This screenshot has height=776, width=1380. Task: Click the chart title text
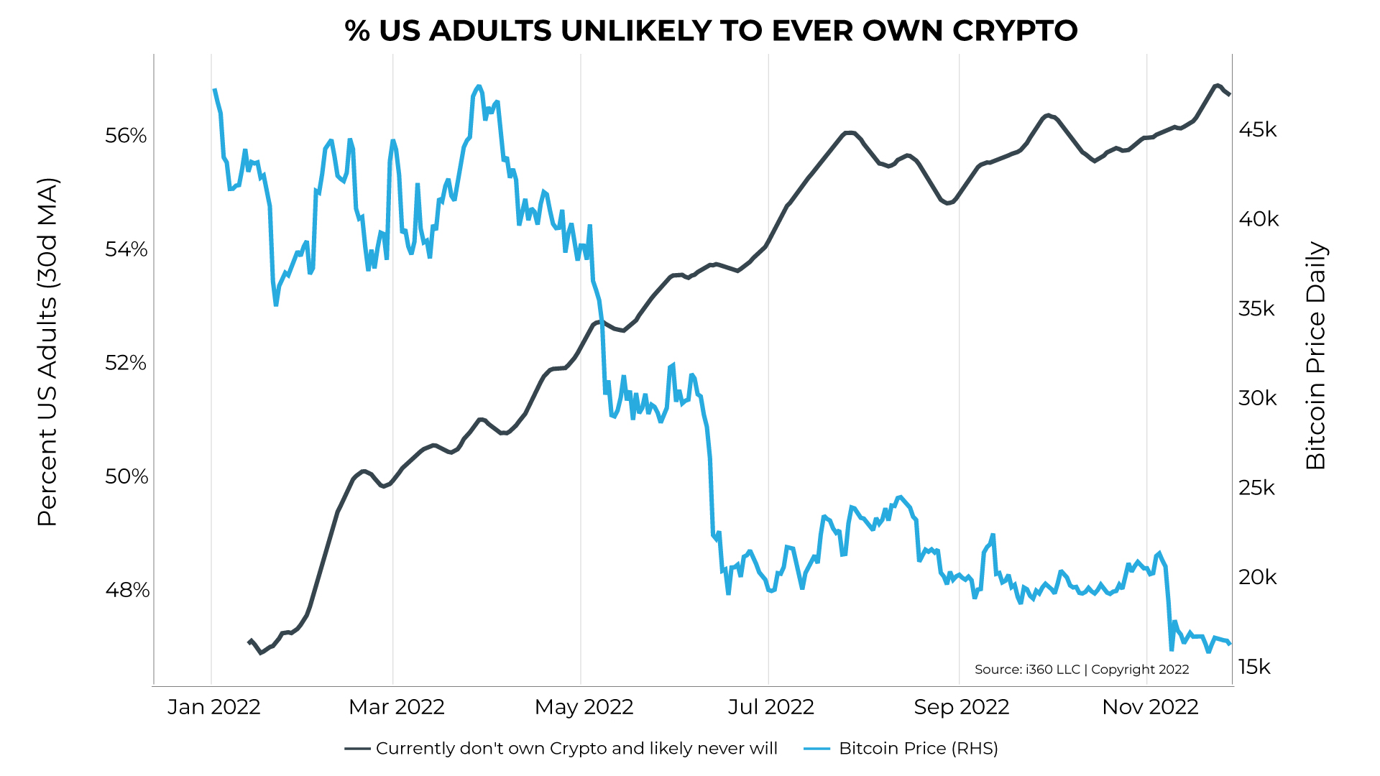(711, 31)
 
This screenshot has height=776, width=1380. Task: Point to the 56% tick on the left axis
(126, 136)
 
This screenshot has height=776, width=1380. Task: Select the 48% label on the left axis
(127, 590)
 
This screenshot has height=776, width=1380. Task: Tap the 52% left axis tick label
(126, 363)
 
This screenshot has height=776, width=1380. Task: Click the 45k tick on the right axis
(1257, 130)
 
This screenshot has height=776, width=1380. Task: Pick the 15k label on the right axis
(1254, 668)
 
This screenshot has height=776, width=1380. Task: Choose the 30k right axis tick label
(1257, 398)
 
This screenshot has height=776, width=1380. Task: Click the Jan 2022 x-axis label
(213, 707)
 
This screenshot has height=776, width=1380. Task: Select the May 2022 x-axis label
(584, 707)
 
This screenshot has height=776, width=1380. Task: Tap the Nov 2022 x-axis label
(1150, 707)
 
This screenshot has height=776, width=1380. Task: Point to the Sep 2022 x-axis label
(961, 707)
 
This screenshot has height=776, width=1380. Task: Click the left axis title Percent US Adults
(47, 352)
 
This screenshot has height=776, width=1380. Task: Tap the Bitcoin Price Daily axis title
(1315, 356)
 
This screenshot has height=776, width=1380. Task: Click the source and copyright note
(1081, 670)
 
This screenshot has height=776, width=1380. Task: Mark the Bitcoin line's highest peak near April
(479, 86)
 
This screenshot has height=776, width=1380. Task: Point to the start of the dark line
(249, 641)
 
